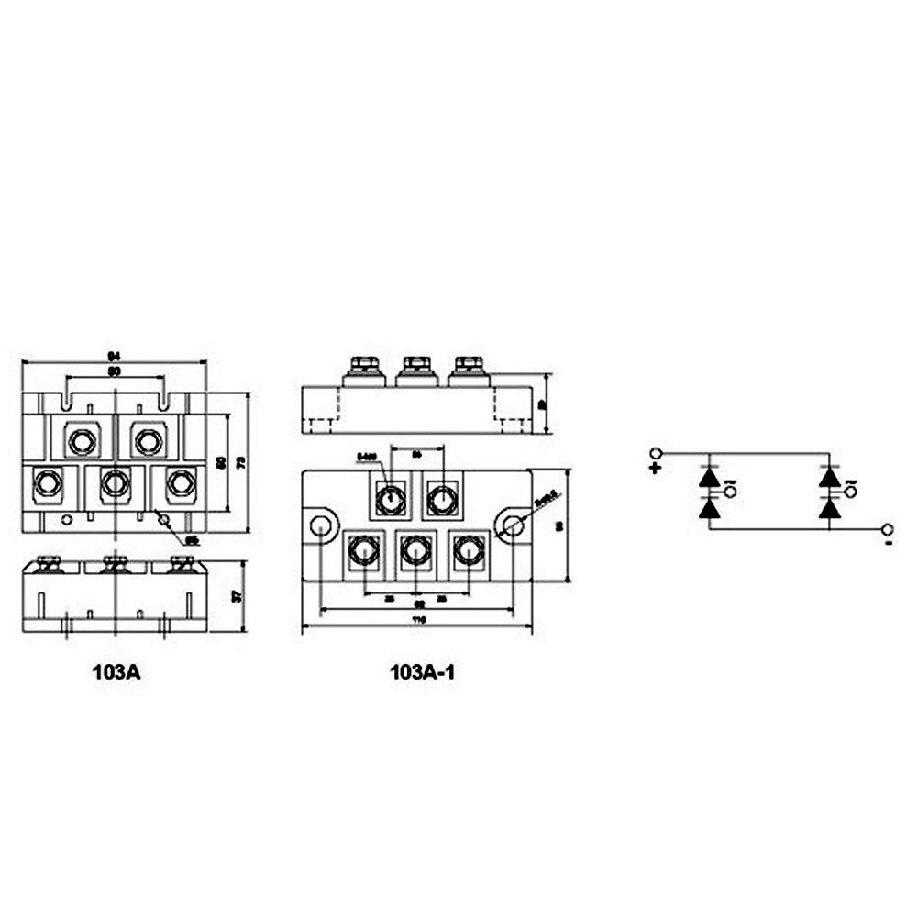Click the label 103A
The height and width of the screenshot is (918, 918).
pyautogui.click(x=116, y=671)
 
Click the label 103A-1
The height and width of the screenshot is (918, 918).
pyautogui.click(x=422, y=671)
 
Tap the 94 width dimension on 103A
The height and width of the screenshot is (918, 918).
pyautogui.click(x=115, y=356)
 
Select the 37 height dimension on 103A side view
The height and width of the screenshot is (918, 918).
pyautogui.click(x=238, y=596)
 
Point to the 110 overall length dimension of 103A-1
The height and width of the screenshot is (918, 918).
pyautogui.click(x=418, y=621)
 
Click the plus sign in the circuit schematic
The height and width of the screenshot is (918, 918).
pyautogui.click(x=655, y=468)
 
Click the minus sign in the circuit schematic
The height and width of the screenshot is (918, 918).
pyautogui.click(x=889, y=545)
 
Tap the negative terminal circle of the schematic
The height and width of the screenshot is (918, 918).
pyautogui.click(x=888, y=529)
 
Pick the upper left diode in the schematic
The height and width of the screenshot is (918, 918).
pyautogui.click(x=709, y=478)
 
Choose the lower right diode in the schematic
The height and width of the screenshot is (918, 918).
pyautogui.click(x=829, y=507)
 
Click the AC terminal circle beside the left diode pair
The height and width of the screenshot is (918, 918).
pyautogui.click(x=730, y=492)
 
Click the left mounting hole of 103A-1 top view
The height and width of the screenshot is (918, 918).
pyautogui.click(x=321, y=525)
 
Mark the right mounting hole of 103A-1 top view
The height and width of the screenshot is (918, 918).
pyautogui.click(x=514, y=525)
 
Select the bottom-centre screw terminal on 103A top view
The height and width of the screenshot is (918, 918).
pyautogui.click(x=115, y=482)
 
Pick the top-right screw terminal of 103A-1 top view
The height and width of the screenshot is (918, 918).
pyautogui.click(x=442, y=500)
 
